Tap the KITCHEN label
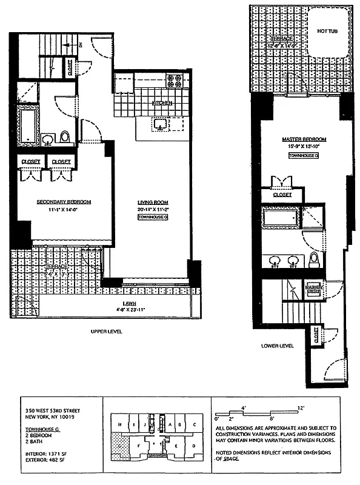tap(162, 104)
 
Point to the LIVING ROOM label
tap(153, 202)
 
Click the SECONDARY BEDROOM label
tap(64, 202)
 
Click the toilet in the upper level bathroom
tap(65, 135)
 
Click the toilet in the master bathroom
tap(314, 259)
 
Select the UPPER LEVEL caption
tap(107, 333)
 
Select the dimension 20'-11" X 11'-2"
tap(153, 209)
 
